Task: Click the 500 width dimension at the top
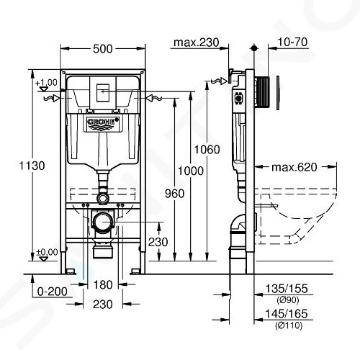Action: (x=102, y=49)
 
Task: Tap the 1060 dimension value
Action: (x=207, y=150)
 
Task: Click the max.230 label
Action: (x=195, y=43)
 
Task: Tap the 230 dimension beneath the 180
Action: (x=103, y=305)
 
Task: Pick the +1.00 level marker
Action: (x=47, y=83)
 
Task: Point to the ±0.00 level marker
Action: (x=47, y=252)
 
